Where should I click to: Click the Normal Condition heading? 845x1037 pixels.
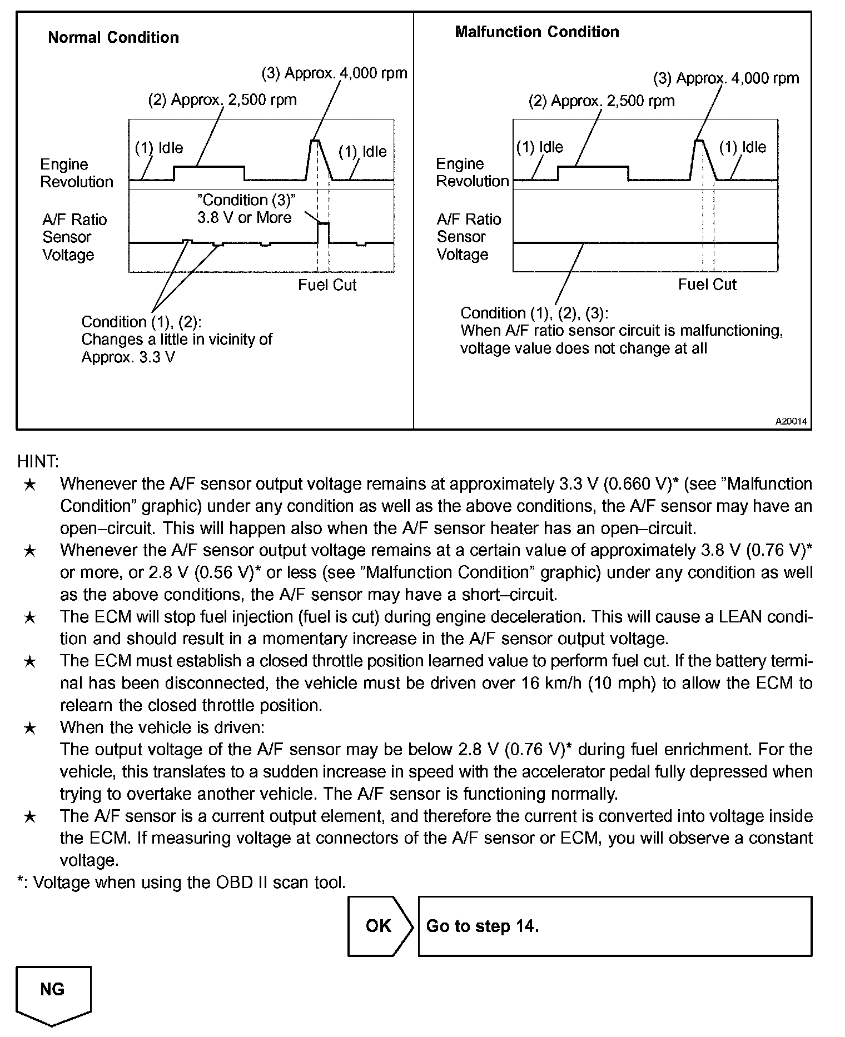[x=113, y=38]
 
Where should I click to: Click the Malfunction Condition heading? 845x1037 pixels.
[x=536, y=32]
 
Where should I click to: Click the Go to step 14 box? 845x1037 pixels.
[x=614, y=926]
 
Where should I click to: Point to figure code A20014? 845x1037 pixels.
[x=791, y=421]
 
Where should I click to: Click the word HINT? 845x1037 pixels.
[x=38, y=461]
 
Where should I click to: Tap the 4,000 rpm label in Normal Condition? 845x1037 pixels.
[x=334, y=73]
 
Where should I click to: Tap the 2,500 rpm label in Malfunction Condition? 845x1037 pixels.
[x=601, y=101]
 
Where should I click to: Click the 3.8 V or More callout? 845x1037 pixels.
[x=245, y=209]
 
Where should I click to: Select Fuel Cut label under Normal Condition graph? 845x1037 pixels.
[x=327, y=285]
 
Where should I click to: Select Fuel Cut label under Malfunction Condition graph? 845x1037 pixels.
[x=707, y=285]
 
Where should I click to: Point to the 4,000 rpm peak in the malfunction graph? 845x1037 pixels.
[x=699, y=142]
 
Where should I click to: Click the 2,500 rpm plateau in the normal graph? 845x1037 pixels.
[x=209, y=167]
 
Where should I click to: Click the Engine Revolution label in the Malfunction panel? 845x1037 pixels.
[x=472, y=172]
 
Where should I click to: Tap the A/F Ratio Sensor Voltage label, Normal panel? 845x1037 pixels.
[x=74, y=237]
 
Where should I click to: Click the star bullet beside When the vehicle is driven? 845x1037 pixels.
[x=30, y=728]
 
